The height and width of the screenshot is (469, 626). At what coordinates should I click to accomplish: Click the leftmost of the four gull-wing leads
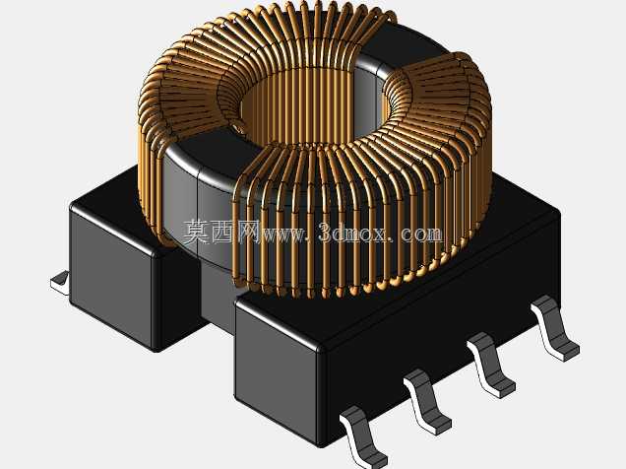tap(362, 437)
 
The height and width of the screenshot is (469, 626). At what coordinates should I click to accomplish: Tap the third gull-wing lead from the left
tap(490, 365)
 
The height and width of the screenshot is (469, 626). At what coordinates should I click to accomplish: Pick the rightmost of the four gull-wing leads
tap(554, 328)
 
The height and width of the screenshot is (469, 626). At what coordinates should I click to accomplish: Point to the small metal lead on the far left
tap(60, 283)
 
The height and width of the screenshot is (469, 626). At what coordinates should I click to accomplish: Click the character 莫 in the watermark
tap(197, 232)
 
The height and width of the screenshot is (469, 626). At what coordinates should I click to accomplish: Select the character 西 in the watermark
tap(222, 232)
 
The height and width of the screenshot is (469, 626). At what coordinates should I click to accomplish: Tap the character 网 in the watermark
tap(248, 232)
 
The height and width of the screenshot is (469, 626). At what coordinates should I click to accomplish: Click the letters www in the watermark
tap(283, 234)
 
